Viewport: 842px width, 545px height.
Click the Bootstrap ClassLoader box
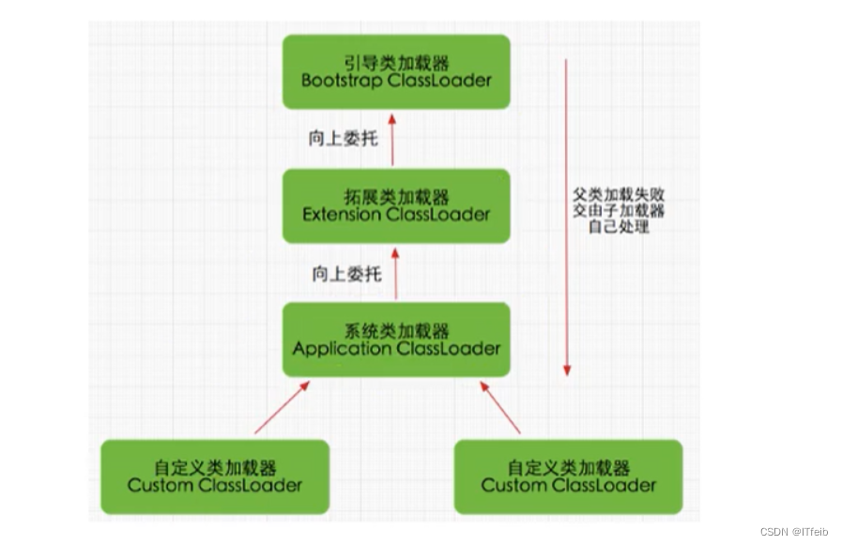click(395, 71)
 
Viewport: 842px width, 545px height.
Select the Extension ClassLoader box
click(395, 205)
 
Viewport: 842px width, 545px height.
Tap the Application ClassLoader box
click(395, 340)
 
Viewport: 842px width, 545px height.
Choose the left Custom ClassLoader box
click(215, 477)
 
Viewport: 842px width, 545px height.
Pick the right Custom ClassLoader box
click(568, 477)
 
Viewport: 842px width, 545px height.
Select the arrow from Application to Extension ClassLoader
click(395, 273)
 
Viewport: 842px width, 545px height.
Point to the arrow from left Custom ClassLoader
click(281, 407)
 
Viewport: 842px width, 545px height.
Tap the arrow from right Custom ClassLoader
click(500, 407)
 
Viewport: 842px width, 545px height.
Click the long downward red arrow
click(566, 216)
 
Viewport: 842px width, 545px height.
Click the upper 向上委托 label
click(343, 139)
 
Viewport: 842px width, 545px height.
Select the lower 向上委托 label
click(346, 274)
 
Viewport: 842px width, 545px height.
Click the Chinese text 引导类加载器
click(395, 63)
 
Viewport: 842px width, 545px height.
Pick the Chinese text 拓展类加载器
click(395, 197)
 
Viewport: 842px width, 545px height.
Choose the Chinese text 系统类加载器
click(395, 331)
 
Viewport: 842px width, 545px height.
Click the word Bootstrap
click(338, 81)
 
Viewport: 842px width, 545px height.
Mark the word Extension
click(342, 215)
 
